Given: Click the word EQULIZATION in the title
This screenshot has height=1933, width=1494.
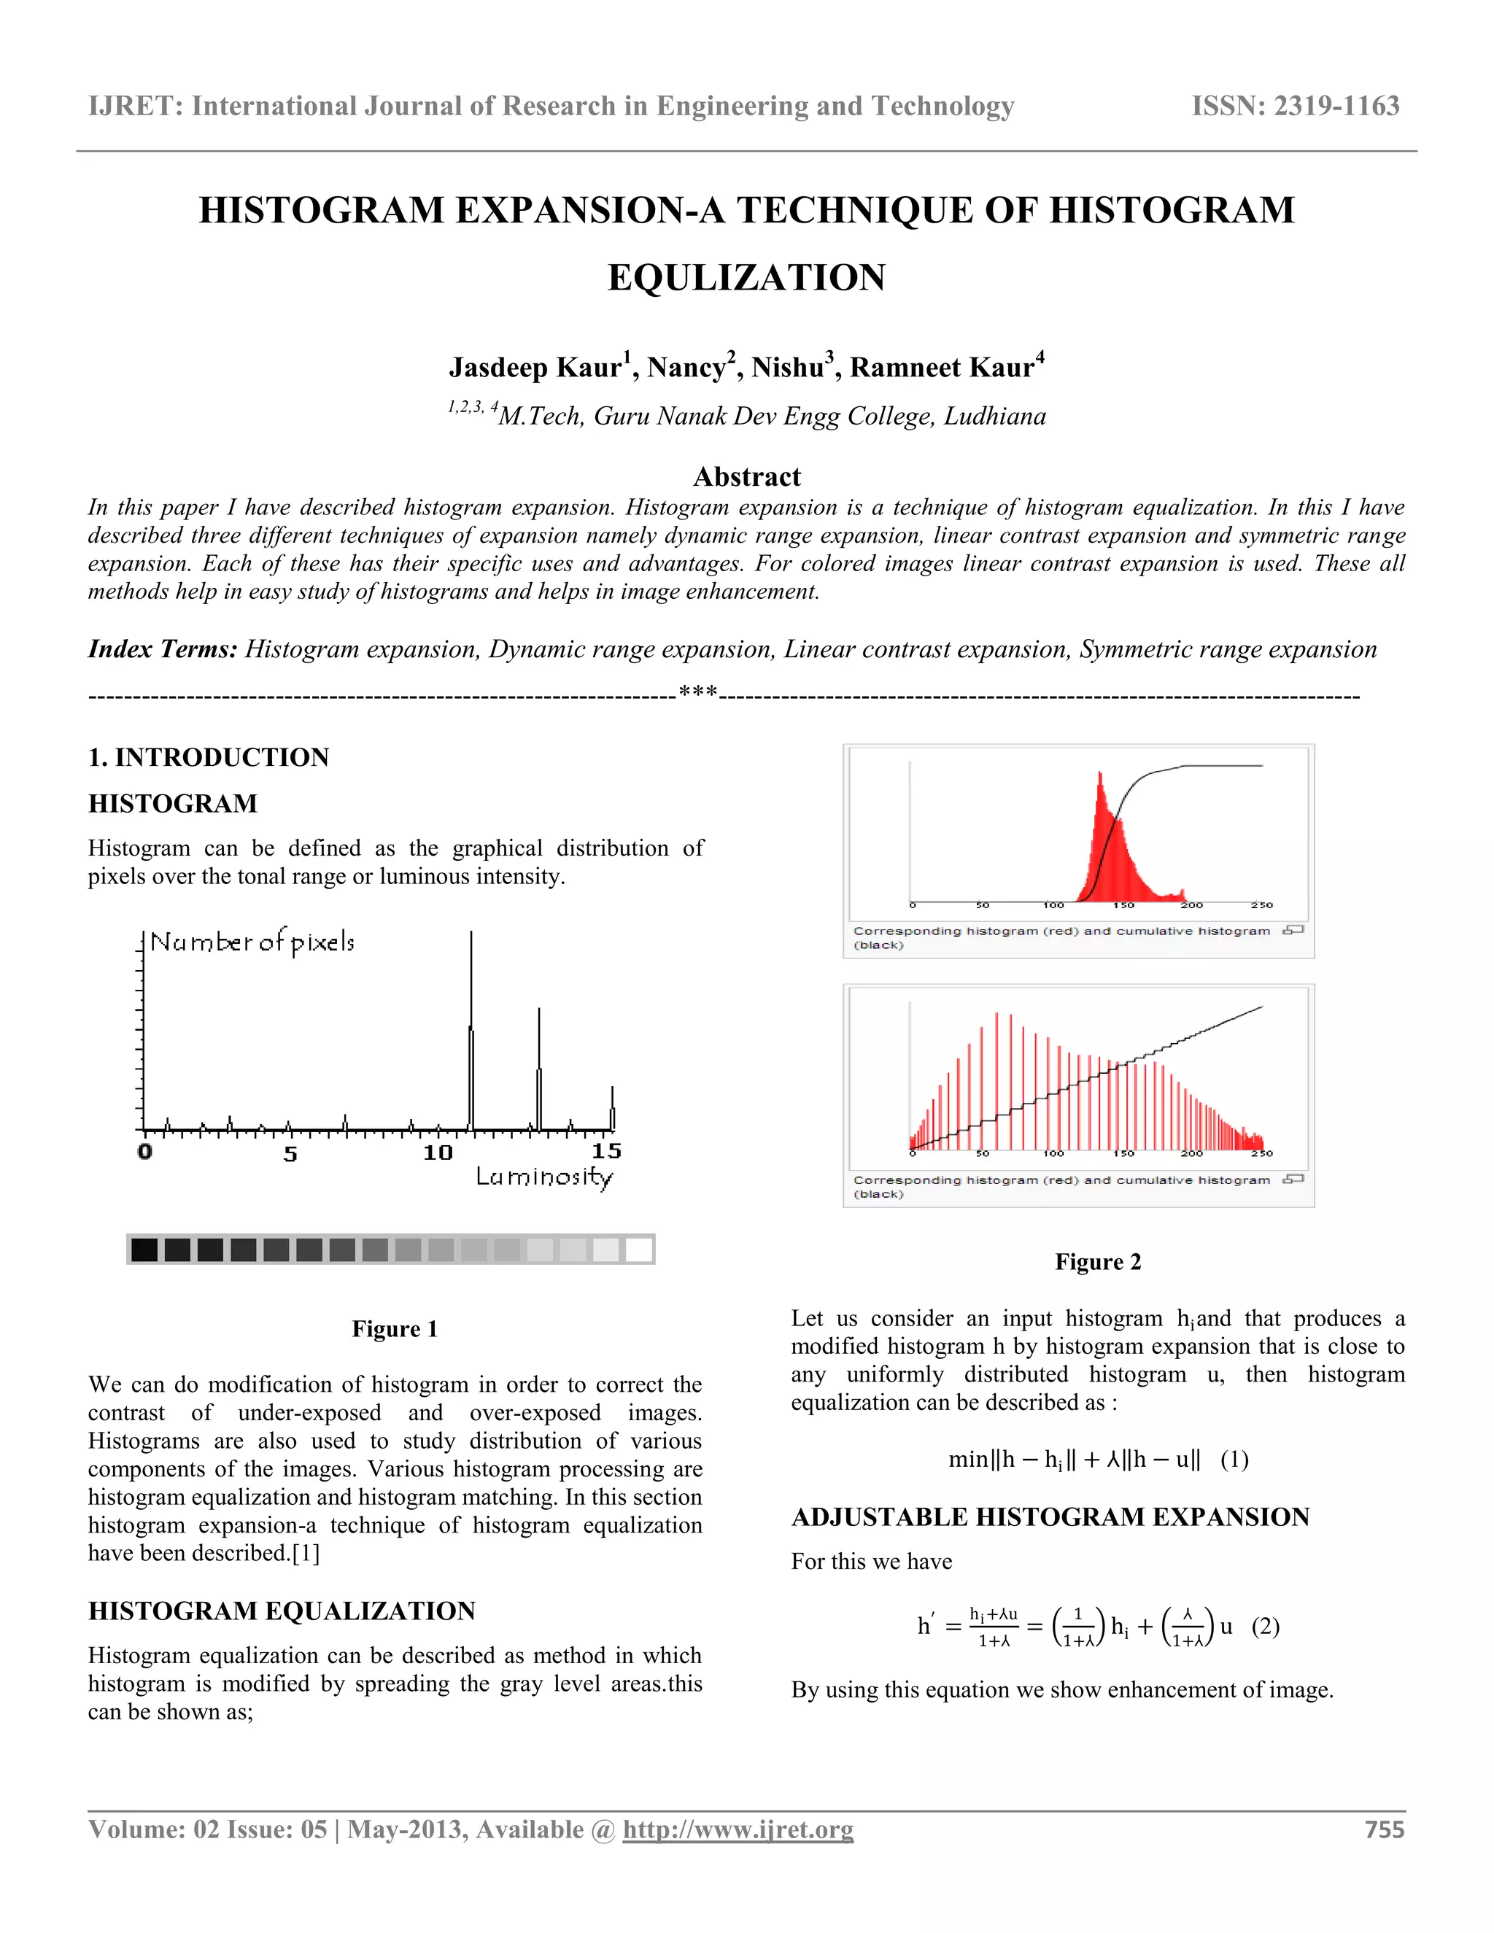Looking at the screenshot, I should point(746,277).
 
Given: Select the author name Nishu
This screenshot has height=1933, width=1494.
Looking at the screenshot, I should point(788,368).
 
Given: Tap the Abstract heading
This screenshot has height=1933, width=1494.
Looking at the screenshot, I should point(746,477).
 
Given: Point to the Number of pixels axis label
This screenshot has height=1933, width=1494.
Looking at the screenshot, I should point(252,942).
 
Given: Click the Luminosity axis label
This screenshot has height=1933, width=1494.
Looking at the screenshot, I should point(544,1177).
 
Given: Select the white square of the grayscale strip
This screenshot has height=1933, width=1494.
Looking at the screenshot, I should point(639,1250).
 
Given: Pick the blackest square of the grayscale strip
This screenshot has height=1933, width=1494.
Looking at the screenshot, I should point(144,1250).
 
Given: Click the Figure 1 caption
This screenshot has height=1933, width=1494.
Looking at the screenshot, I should point(395,1329).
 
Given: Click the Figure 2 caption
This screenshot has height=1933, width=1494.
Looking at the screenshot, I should point(1097,1262).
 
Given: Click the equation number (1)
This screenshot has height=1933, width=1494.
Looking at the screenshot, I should point(1234,1460).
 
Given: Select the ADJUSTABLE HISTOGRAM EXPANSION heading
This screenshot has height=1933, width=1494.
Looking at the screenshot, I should point(1050,1517).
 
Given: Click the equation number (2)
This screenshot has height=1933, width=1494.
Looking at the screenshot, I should point(1265,1626).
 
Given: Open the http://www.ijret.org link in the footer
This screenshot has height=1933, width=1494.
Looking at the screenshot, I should point(738,1829).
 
